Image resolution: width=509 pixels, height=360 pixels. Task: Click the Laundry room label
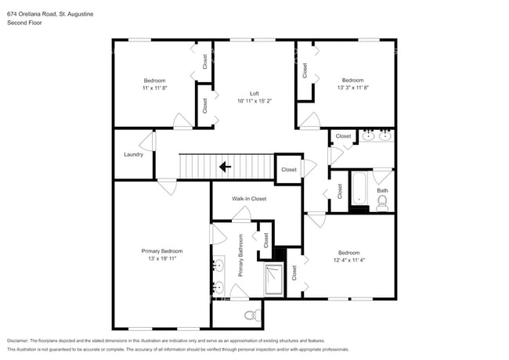[133, 154]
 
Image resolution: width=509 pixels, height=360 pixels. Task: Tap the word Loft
[254, 93]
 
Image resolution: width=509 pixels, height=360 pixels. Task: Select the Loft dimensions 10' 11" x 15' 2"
[254, 101]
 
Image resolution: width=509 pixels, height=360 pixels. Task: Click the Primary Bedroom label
[161, 250]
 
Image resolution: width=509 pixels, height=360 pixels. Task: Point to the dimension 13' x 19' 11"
[161, 258]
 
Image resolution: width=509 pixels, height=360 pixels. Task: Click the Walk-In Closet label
[249, 199]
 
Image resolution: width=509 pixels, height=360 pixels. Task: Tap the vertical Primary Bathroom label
[241, 256]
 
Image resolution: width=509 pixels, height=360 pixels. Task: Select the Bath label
[382, 190]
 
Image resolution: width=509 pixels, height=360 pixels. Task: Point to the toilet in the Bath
[382, 203]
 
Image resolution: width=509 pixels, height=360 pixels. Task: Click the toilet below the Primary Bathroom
[251, 315]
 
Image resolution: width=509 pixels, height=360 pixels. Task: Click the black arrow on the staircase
[225, 166]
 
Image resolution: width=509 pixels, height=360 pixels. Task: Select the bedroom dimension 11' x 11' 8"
[154, 88]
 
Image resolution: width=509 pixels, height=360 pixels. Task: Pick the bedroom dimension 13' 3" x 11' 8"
[352, 88]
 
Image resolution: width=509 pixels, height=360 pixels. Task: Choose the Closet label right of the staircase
[289, 170]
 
